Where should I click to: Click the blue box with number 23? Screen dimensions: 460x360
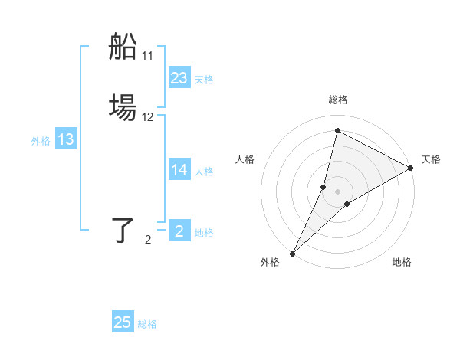point(179,78)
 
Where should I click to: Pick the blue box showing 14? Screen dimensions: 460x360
point(179,170)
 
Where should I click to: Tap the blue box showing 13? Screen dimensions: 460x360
point(66,139)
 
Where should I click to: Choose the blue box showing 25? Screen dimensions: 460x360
point(123,322)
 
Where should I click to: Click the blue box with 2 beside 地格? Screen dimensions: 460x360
point(179,231)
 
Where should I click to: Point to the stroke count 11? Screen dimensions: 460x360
point(148,56)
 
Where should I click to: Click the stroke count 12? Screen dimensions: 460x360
point(148,117)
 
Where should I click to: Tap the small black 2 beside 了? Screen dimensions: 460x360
point(148,240)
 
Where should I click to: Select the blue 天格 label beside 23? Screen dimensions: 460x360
point(204,80)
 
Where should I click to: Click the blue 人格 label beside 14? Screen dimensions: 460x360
point(204,172)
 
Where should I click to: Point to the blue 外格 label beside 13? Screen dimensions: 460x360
point(41,141)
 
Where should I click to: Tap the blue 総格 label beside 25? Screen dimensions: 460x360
point(147,324)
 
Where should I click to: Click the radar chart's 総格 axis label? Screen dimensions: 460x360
point(337,100)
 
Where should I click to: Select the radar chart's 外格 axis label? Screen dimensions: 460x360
point(270,263)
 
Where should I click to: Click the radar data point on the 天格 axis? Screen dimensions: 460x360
point(411,169)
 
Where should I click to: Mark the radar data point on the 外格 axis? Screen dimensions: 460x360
point(292,254)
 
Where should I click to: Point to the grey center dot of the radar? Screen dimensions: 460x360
point(337,191)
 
